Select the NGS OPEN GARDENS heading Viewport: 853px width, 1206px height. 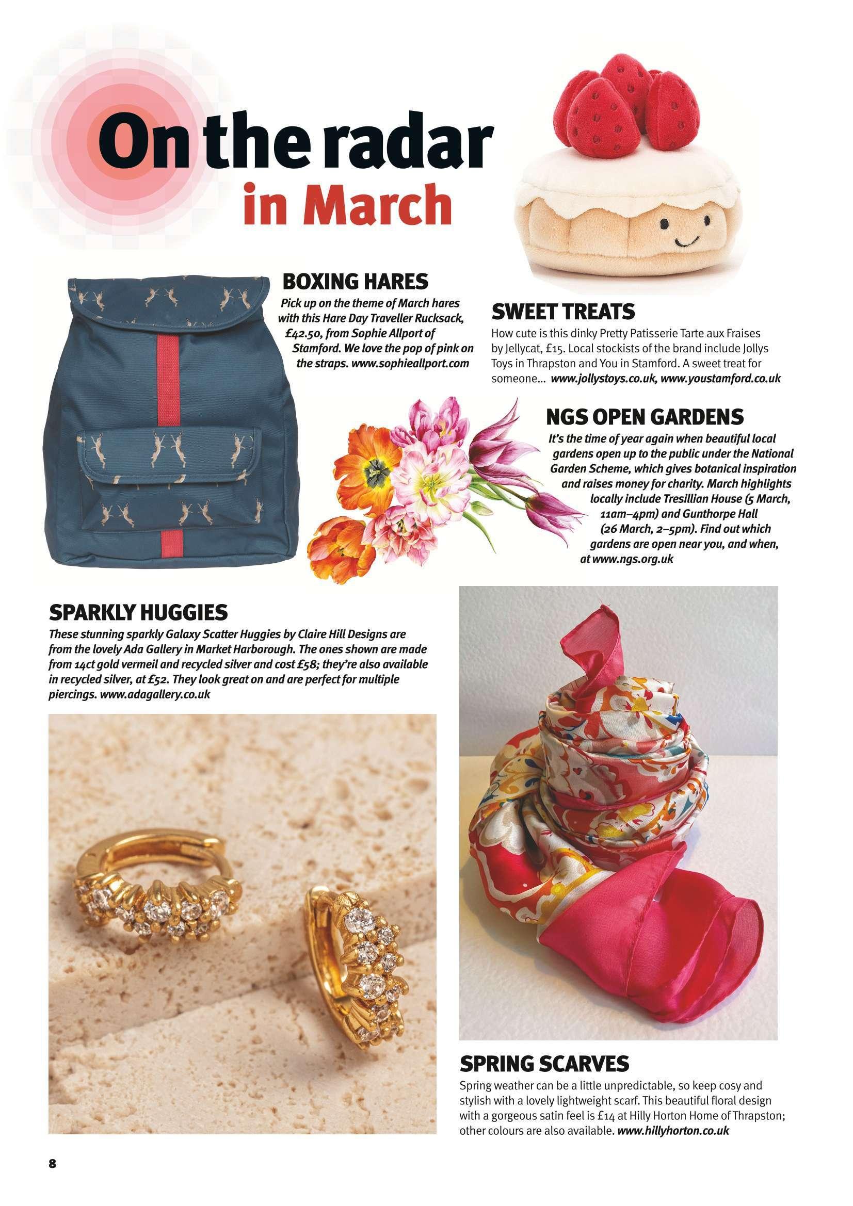click(646, 417)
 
